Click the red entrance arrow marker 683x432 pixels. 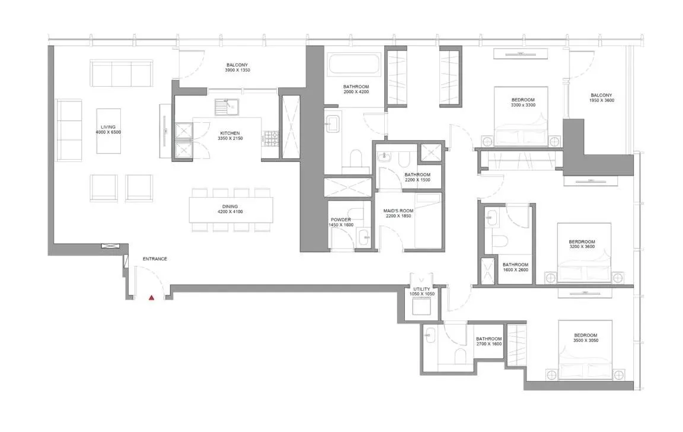click(151, 297)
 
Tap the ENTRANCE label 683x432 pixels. click(155, 259)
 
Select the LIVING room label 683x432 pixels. click(108, 127)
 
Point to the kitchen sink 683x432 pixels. click(226, 106)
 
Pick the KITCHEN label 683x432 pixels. click(229, 134)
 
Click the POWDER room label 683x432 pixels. click(340, 220)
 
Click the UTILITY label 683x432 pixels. click(422, 289)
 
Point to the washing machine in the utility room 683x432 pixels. click(422, 306)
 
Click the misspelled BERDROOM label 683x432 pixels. click(582, 242)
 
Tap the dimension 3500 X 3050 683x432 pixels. click(585, 341)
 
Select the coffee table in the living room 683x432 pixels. click(108, 130)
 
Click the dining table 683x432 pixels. click(231, 209)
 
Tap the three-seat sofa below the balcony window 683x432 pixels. click(120, 72)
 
